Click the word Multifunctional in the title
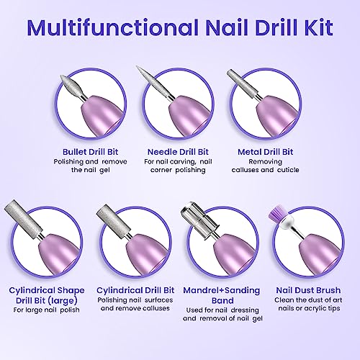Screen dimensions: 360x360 (x=113, y=27)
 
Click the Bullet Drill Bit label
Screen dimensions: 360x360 (x=90, y=152)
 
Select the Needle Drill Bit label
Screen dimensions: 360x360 (x=178, y=152)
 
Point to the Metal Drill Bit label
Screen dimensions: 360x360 (x=265, y=152)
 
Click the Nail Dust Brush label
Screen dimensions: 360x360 (x=308, y=290)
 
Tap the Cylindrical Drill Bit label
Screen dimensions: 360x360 (x=135, y=290)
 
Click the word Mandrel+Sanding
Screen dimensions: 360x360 (x=221, y=290)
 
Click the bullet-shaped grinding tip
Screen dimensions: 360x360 (x=71, y=86)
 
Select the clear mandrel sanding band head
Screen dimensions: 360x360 (x=199, y=220)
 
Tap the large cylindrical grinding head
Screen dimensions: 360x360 (x=22, y=218)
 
